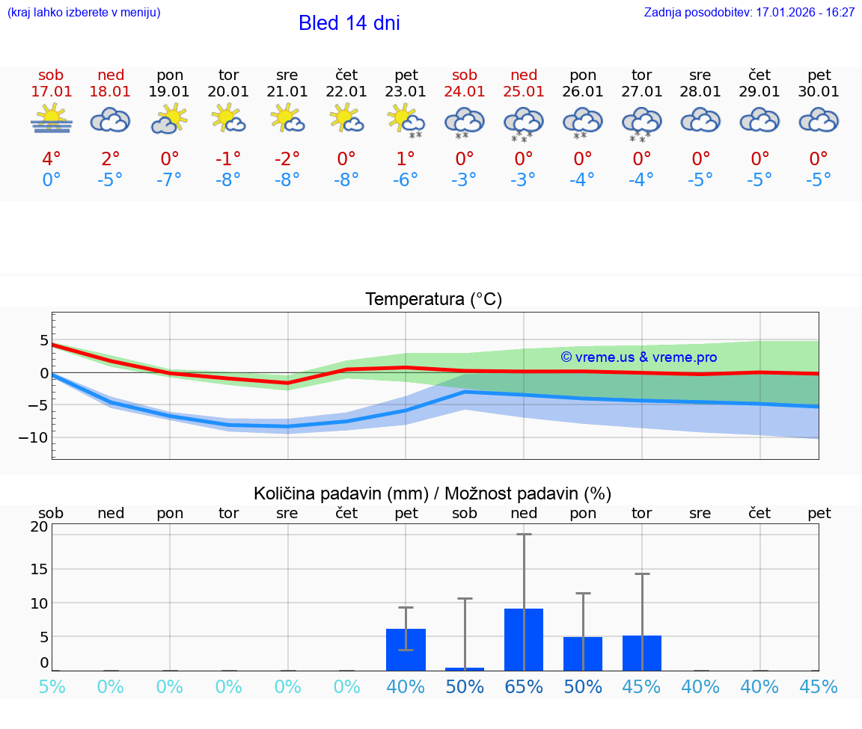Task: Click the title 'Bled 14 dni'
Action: [x=349, y=23]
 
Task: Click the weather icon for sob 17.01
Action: [x=52, y=120]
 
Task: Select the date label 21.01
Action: [x=287, y=92]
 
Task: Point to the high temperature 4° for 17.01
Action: [x=52, y=159]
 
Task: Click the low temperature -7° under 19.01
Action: [x=170, y=180]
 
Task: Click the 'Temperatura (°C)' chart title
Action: [x=433, y=300]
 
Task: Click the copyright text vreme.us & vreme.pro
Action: [x=638, y=357]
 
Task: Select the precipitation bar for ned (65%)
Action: [x=524, y=639]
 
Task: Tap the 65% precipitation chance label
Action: [x=524, y=686]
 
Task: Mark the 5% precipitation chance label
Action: [x=52, y=686]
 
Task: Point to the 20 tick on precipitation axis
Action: [x=39, y=526]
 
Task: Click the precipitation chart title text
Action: [x=432, y=493]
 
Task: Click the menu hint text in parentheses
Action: [x=84, y=13]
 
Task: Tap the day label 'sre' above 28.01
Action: [x=700, y=76]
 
